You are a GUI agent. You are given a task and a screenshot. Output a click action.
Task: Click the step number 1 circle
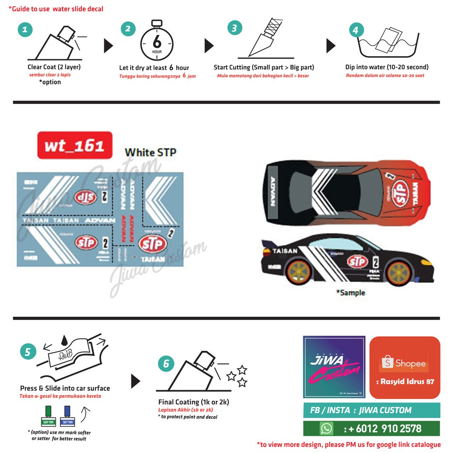click(x=25, y=30)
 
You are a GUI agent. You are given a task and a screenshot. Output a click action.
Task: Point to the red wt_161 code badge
click(x=74, y=145)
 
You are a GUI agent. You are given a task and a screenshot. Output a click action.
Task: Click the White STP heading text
click(x=150, y=153)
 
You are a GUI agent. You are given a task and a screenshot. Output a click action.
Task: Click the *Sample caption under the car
click(x=350, y=293)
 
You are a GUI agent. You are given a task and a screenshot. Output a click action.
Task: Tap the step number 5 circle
click(x=28, y=352)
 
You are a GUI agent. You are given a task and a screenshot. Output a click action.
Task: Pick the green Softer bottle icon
click(x=48, y=415)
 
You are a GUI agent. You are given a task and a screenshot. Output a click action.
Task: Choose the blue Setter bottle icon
click(x=67, y=415)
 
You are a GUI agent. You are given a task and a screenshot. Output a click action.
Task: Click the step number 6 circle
click(x=166, y=364)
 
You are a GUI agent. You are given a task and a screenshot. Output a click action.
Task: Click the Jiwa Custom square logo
click(x=334, y=367)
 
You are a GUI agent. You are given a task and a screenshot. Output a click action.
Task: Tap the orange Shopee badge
click(x=405, y=367)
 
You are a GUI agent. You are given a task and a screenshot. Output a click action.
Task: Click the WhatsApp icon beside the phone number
click(x=326, y=428)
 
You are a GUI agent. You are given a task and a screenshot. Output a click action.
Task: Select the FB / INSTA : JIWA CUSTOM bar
click(x=372, y=410)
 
